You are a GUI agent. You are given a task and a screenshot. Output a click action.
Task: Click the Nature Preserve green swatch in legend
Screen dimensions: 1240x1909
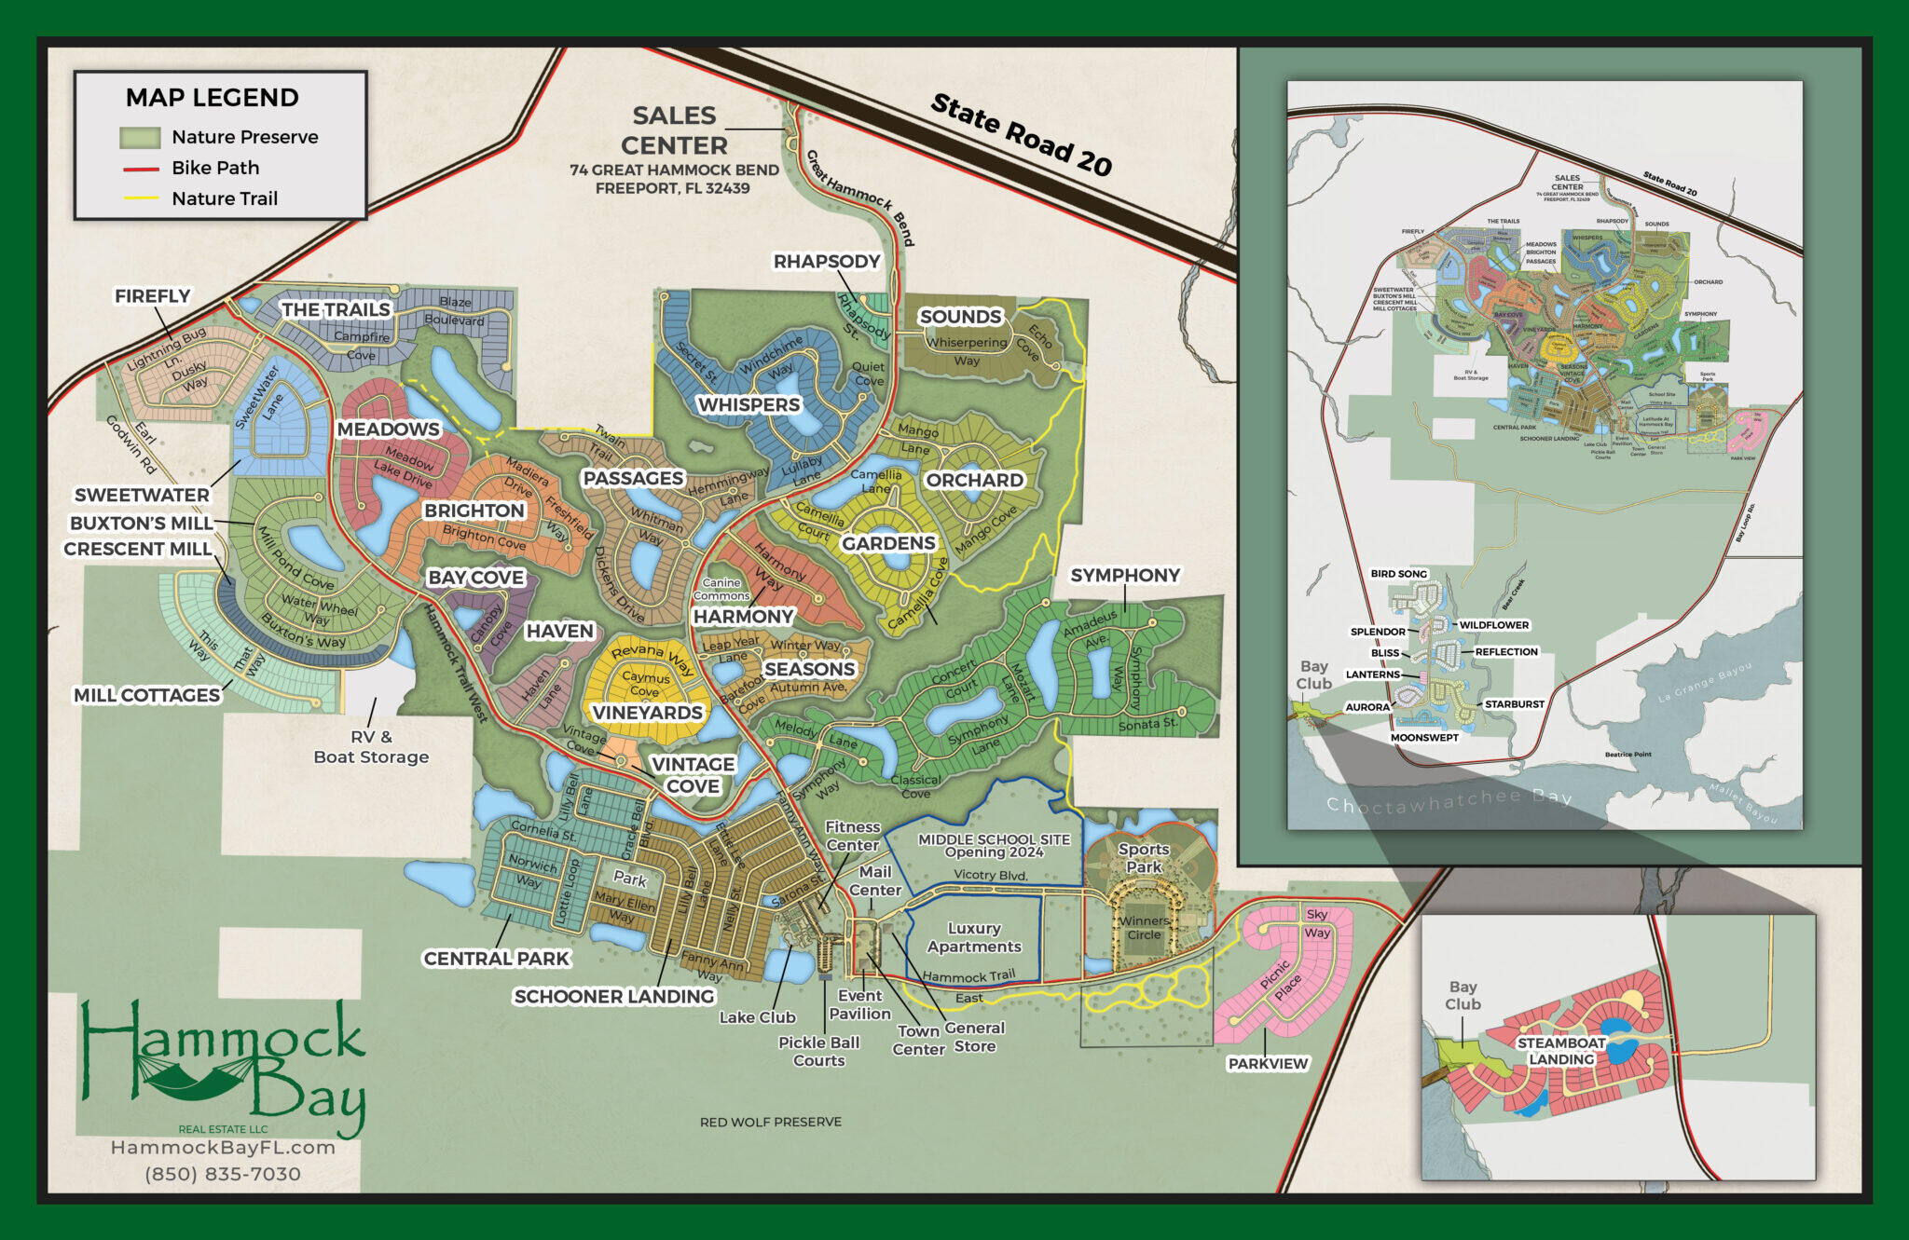pyautogui.click(x=140, y=138)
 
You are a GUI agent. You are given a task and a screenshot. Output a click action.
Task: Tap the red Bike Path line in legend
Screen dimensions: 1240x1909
pyautogui.click(x=141, y=169)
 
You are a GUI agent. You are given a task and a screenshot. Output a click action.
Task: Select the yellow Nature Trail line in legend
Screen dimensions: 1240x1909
pyautogui.click(x=141, y=198)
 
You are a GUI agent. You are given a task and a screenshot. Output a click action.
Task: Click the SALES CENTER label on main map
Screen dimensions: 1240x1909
pyautogui.click(x=674, y=130)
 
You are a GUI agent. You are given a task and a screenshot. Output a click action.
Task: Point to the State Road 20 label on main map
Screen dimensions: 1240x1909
pyautogui.click(x=1021, y=135)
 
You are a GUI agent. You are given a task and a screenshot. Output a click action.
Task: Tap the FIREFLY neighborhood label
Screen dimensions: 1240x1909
pyautogui.click(x=152, y=296)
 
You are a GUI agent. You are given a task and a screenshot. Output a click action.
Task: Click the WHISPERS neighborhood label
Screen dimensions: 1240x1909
pyautogui.click(x=748, y=405)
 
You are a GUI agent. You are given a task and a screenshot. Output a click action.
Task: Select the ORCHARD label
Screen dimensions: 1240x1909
pyautogui.click(x=974, y=481)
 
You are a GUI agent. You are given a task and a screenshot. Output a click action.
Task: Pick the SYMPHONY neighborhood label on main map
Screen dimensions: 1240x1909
pyautogui.click(x=1125, y=576)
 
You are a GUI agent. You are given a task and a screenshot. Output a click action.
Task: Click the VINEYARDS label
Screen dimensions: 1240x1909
pyautogui.click(x=647, y=713)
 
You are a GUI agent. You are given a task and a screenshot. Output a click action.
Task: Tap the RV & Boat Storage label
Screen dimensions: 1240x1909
pyautogui.click(x=371, y=747)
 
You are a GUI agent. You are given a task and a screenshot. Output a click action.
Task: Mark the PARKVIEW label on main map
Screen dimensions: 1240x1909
pyautogui.click(x=1268, y=1064)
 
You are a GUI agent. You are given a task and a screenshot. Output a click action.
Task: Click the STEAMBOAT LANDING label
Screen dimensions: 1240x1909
pyautogui.click(x=1561, y=1051)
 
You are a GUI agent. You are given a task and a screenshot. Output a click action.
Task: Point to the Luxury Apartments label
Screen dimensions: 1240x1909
pyautogui.click(x=974, y=937)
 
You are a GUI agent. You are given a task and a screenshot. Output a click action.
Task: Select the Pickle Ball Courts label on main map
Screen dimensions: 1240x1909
pyautogui.click(x=818, y=1051)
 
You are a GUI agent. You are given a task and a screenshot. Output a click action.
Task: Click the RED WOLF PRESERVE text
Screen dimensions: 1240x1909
pyautogui.click(x=770, y=1123)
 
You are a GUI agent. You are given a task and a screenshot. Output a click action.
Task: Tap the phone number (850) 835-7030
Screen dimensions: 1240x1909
pyautogui.click(x=223, y=1175)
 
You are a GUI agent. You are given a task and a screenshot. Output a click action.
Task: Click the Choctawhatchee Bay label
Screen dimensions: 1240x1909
pyautogui.click(x=1449, y=801)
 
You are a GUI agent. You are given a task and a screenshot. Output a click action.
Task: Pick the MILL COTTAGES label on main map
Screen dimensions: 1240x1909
pyautogui.click(x=146, y=695)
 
